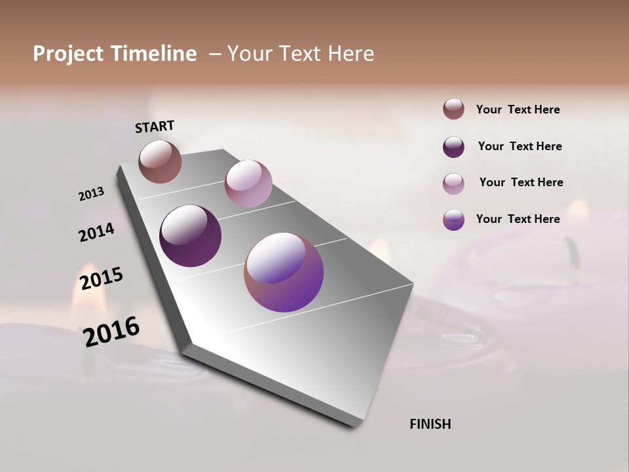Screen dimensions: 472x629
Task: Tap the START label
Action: click(155, 127)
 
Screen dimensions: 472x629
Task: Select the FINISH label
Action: click(430, 424)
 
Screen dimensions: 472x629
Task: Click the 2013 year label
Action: click(91, 194)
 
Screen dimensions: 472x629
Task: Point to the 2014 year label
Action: click(96, 232)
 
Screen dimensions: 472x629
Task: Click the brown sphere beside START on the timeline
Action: click(160, 161)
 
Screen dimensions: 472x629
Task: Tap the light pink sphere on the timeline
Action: click(248, 184)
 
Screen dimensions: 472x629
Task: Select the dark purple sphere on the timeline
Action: click(190, 236)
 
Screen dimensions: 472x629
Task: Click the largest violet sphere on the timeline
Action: click(284, 272)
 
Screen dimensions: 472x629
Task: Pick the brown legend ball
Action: click(453, 109)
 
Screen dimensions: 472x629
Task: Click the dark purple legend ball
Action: click(453, 147)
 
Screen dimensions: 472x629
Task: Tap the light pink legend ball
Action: click(453, 184)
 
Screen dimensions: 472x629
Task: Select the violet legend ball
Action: click(453, 220)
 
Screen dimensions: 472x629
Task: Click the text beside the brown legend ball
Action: click(518, 109)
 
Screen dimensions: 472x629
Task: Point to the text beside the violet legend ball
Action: click(518, 219)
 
